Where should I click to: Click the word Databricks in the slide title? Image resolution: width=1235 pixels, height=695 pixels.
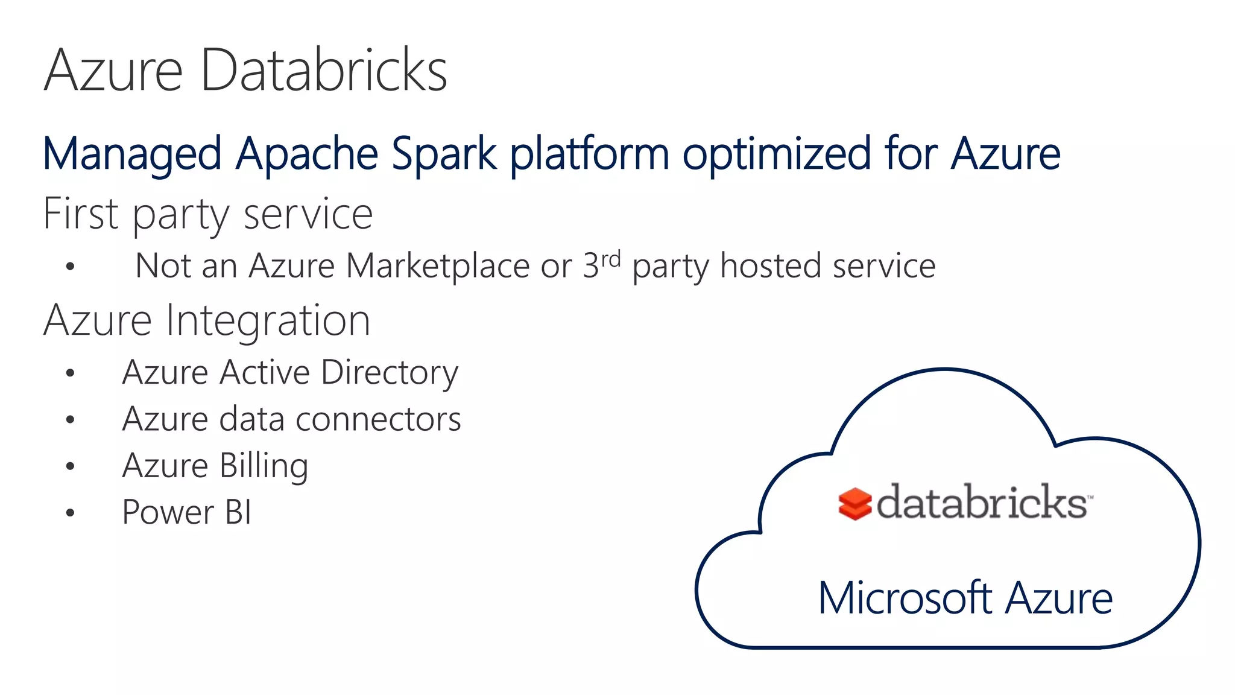tap(324, 71)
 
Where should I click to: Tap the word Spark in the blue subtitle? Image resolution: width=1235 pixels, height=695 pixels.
tap(444, 154)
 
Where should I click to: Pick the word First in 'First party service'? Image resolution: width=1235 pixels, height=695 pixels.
tap(81, 214)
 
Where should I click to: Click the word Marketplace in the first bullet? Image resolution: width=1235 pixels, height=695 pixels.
tap(438, 266)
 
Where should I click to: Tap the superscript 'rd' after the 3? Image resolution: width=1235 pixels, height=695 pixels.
tap(611, 259)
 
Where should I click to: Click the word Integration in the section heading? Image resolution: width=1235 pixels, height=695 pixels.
tap(268, 320)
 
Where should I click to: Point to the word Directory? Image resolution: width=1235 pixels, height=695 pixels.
tap(390, 373)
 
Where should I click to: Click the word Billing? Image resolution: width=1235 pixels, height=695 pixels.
tap(264, 466)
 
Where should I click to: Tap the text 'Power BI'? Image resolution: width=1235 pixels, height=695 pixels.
tap(186, 512)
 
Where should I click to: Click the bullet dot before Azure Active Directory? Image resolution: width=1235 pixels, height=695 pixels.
tap(71, 373)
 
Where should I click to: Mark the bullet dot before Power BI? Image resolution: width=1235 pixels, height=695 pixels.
tap(71, 513)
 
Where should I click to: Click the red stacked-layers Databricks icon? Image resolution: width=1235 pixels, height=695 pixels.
tap(854, 504)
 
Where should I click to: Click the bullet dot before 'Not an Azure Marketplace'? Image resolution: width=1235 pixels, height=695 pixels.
tap(71, 266)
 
